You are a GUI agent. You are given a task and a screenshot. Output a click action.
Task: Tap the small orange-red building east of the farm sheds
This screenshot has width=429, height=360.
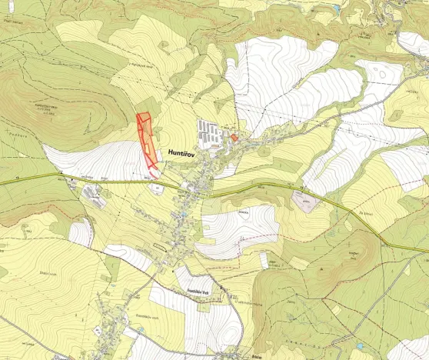click(235, 138)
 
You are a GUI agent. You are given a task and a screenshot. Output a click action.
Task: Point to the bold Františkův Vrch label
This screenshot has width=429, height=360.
click(195, 282)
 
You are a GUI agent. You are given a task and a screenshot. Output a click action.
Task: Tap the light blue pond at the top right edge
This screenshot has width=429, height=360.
click(336, 7)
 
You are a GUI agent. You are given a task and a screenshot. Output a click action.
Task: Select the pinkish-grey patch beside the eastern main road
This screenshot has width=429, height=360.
click(307, 202)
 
